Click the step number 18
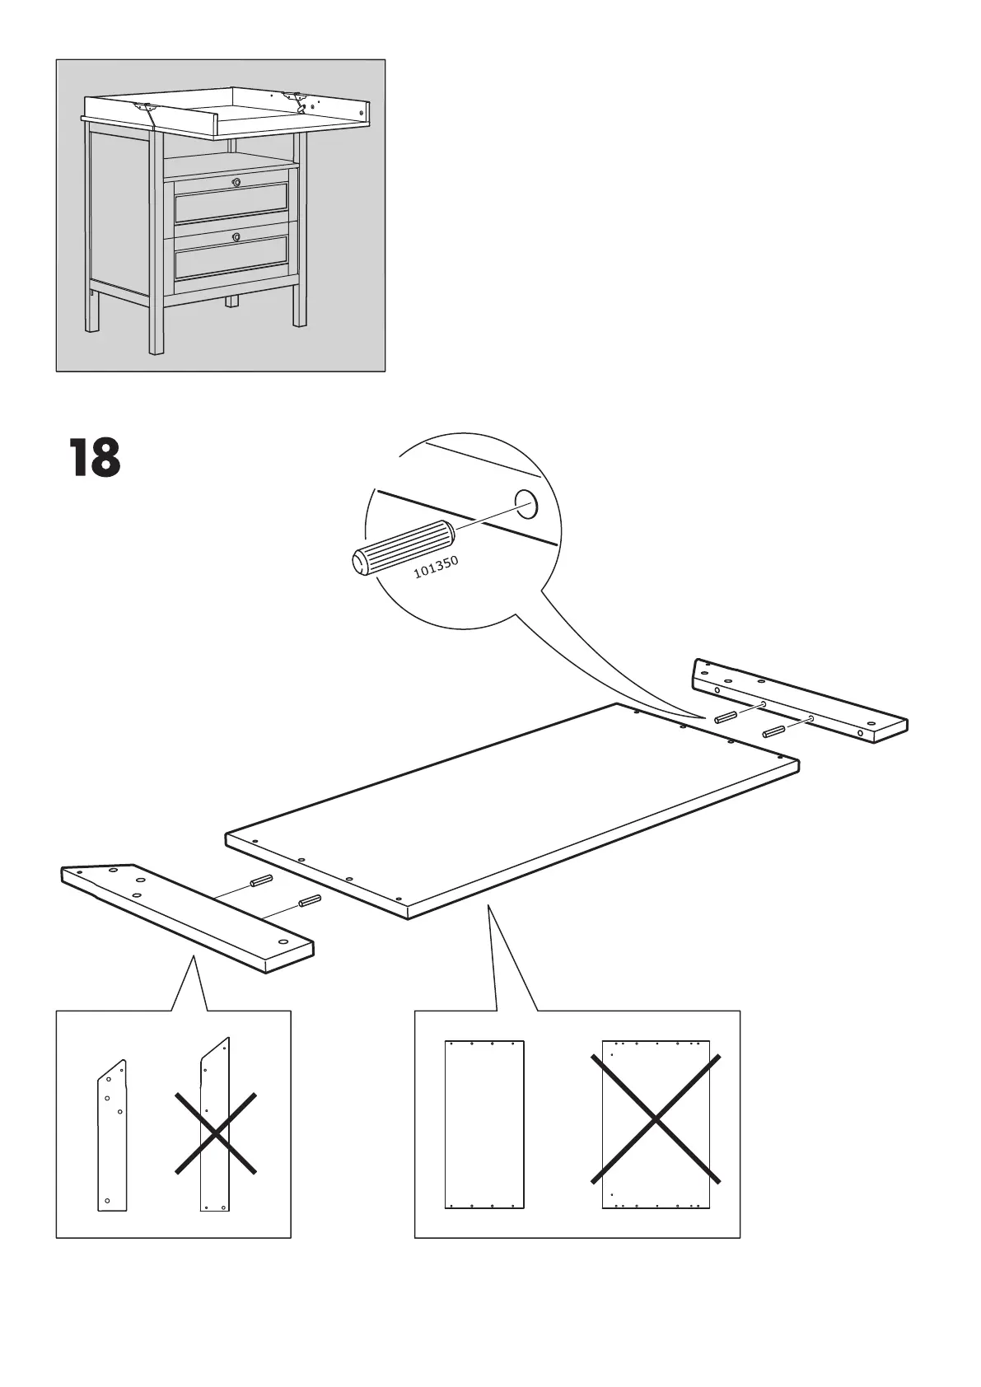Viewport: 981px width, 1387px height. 95,458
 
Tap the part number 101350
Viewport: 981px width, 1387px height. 436,566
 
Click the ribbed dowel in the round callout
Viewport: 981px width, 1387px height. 403,547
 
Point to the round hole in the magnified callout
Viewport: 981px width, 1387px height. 525,502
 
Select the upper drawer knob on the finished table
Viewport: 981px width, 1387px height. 237,181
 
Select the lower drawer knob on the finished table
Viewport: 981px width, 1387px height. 237,236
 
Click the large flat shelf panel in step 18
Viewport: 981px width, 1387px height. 511,811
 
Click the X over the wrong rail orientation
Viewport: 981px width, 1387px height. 215,1132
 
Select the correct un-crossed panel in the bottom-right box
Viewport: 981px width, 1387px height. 484,1124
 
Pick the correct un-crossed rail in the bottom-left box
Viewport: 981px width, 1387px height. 113,1137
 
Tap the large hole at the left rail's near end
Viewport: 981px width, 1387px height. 283,942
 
